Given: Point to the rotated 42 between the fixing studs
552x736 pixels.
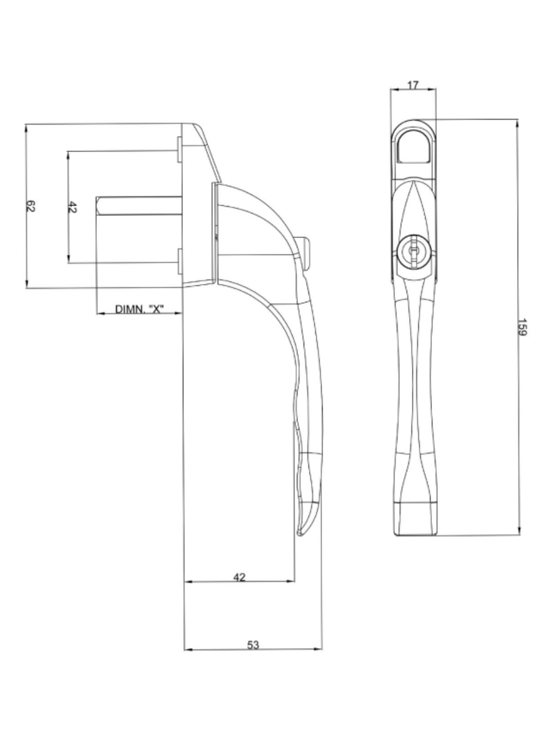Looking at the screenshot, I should tap(72, 208).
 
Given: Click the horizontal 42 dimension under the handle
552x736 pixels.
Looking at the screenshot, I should tap(240, 577).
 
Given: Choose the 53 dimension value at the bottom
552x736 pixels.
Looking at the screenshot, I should tap(253, 645).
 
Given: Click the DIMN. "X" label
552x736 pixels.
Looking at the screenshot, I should tap(139, 309).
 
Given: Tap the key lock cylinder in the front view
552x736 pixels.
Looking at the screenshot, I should tap(413, 252).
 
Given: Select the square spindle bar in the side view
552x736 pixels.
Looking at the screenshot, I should tap(138, 205).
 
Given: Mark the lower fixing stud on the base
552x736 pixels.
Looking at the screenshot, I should tap(178, 261).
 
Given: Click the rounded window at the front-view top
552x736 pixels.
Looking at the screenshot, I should tap(413, 147).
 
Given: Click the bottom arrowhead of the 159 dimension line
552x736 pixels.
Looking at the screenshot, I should tap(519, 531).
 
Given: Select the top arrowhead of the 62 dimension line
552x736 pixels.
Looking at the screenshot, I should tap(26, 128).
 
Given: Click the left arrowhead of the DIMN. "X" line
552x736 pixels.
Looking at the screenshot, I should tap(100, 313).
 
